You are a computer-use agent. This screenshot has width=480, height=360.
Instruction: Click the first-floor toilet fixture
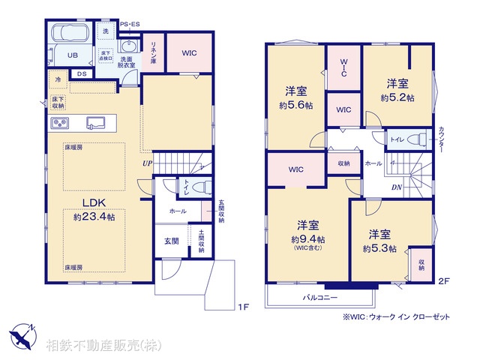pyautogui.click(x=199, y=187)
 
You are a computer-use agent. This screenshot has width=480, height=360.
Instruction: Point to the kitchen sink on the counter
pyautogui.click(x=95, y=122)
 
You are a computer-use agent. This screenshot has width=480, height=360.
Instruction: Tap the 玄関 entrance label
pyautogui.click(x=171, y=241)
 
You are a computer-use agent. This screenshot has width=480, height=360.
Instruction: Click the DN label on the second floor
pyautogui.click(x=395, y=187)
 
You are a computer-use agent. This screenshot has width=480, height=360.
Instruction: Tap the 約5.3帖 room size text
pyautogui.click(x=379, y=248)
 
